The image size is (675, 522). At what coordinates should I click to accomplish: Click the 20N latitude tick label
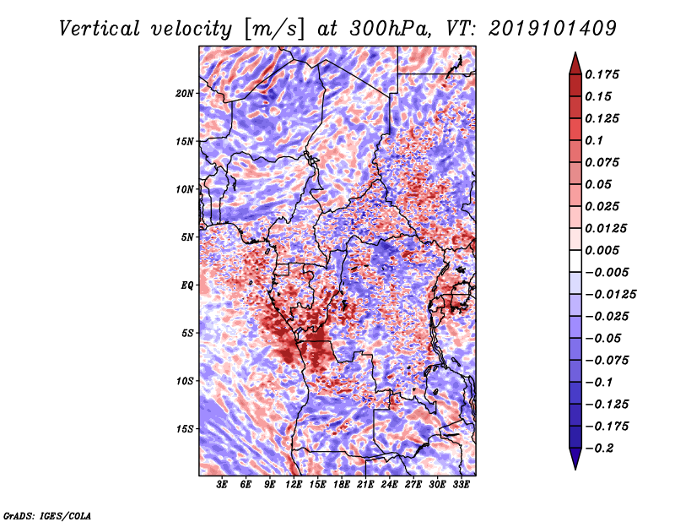pyautogui.click(x=185, y=94)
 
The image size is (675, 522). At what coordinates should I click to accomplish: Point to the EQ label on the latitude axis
pyautogui.click(x=187, y=285)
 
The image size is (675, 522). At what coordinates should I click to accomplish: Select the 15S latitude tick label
pyautogui.click(x=185, y=429)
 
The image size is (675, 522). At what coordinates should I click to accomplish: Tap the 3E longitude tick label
pyautogui.click(x=222, y=485)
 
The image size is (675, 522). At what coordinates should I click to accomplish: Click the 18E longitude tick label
pyautogui.click(x=342, y=485)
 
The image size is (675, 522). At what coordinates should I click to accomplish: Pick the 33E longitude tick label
pyautogui.click(x=461, y=485)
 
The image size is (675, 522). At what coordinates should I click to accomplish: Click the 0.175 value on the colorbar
pyautogui.click(x=602, y=74)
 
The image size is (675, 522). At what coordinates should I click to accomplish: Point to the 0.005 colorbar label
pyautogui.click(x=602, y=250)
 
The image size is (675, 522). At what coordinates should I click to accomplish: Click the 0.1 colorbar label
pyautogui.click(x=594, y=140)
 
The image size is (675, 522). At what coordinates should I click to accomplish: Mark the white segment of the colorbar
pyautogui.click(x=575, y=261)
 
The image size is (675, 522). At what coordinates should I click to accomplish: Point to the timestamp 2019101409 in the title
pyautogui.click(x=553, y=29)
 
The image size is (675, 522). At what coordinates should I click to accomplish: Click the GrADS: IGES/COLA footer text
pyautogui.click(x=47, y=515)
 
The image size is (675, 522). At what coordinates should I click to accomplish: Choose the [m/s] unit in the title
pyautogui.click(x=274, y=30)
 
